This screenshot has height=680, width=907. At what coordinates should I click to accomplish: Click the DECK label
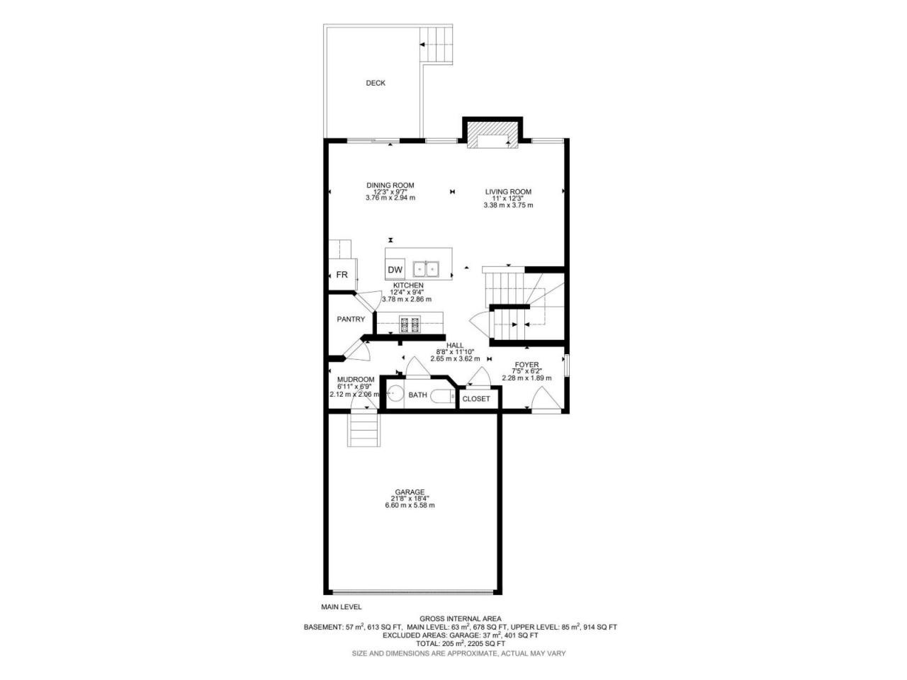tap(375, 83)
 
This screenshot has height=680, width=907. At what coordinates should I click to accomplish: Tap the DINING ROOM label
tap(390, 186)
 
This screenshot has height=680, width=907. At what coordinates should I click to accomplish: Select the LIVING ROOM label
tap(508, 191)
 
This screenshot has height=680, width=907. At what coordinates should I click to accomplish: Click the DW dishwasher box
tap(395, 270)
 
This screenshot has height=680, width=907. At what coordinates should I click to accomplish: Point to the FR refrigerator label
tap(342, 275)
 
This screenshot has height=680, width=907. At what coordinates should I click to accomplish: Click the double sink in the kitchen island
tap(426, 269)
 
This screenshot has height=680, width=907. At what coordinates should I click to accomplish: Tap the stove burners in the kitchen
tap(409, 324)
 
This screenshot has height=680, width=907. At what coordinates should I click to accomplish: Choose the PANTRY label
tap(351, 319)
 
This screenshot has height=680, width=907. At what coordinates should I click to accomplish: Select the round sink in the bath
tap(395, 393)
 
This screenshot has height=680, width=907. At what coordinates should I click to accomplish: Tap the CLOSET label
tap(476, 399)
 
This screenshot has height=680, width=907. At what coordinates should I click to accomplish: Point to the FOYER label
tap(526, 365)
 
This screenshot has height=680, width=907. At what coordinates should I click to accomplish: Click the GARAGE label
tap(410, 492)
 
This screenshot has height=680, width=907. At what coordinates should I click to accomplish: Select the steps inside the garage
tap(364, 429)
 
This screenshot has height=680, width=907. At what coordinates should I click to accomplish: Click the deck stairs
tap(436, 44)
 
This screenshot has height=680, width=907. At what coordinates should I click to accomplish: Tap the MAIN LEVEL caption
tap(342, 607)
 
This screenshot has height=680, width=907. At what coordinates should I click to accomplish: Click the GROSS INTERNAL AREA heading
tap(461, 619)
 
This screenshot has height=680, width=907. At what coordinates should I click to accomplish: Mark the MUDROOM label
tap(356, 380)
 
